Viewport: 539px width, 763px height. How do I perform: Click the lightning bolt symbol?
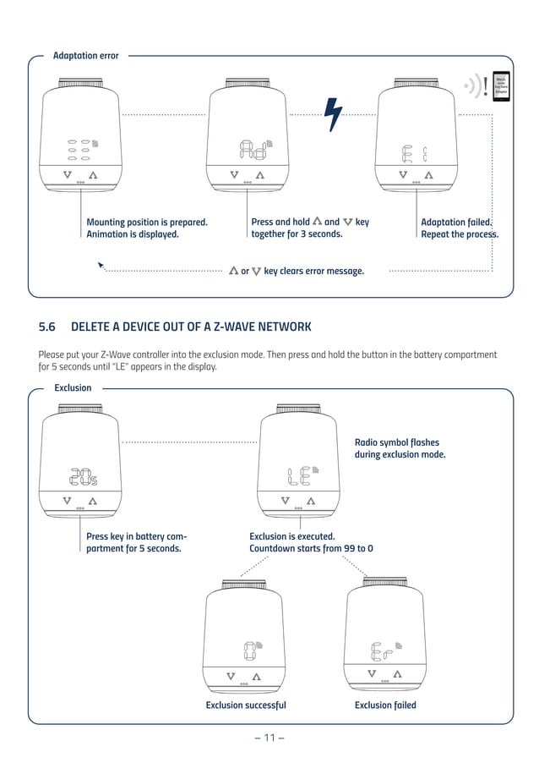(x=335, y=114)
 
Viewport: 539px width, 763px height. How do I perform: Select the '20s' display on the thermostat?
(x=82, y=477)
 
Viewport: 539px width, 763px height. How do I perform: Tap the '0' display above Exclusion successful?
(x=250, y=650)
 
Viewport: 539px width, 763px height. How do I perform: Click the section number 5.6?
(x=47, y=327)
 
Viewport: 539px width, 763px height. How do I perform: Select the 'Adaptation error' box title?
(x=86, y=56)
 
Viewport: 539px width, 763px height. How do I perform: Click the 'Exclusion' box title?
(x=73, y=388)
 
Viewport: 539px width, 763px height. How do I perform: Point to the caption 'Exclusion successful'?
(x=246, y=705)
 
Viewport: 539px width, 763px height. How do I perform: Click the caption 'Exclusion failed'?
(x=385, y=705)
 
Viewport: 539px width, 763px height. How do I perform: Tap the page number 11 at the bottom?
(x=269, y=738)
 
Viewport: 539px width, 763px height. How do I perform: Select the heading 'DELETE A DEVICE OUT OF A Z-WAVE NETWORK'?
(x=191, y=327)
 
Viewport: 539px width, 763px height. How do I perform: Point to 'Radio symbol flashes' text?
(x=397, y=442)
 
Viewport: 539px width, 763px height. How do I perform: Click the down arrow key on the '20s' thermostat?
(x=67, y=501)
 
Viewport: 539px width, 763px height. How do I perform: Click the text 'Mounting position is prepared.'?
(x=147, y=222)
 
